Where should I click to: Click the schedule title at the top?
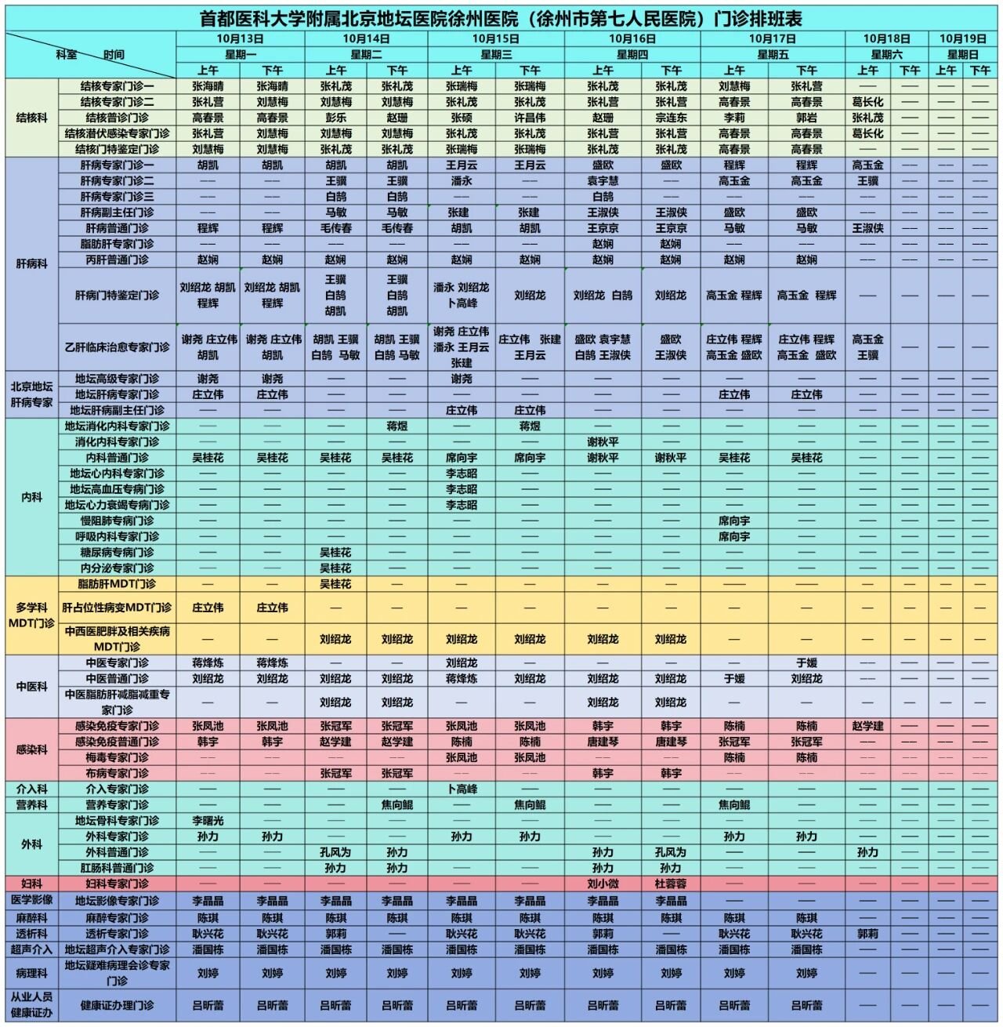click(501, 18)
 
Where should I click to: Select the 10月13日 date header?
click(240, 38)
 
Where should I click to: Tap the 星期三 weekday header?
click(495, 55)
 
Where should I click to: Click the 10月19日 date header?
click(962, 38)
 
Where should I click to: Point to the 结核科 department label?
click(31, 118)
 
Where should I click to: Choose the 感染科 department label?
click(31, 749)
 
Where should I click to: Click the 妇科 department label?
click(31, 884)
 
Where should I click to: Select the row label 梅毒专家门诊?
click(117, 757)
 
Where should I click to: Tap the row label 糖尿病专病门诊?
click(117, 552)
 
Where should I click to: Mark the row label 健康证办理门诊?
click(117, 1005)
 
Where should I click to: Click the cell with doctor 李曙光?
click(208, 821)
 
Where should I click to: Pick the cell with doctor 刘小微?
click(603, 884)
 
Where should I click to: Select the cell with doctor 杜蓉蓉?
click(671, 884)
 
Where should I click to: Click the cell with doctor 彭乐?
click(335, 118)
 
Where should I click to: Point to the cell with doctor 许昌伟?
click(530, 118)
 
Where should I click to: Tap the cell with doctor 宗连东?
click(671, 118)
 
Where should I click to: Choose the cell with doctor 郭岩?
click(806, 118)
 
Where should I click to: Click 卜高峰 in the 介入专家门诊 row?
click(462, 789)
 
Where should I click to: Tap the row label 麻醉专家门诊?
click(117, 917)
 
